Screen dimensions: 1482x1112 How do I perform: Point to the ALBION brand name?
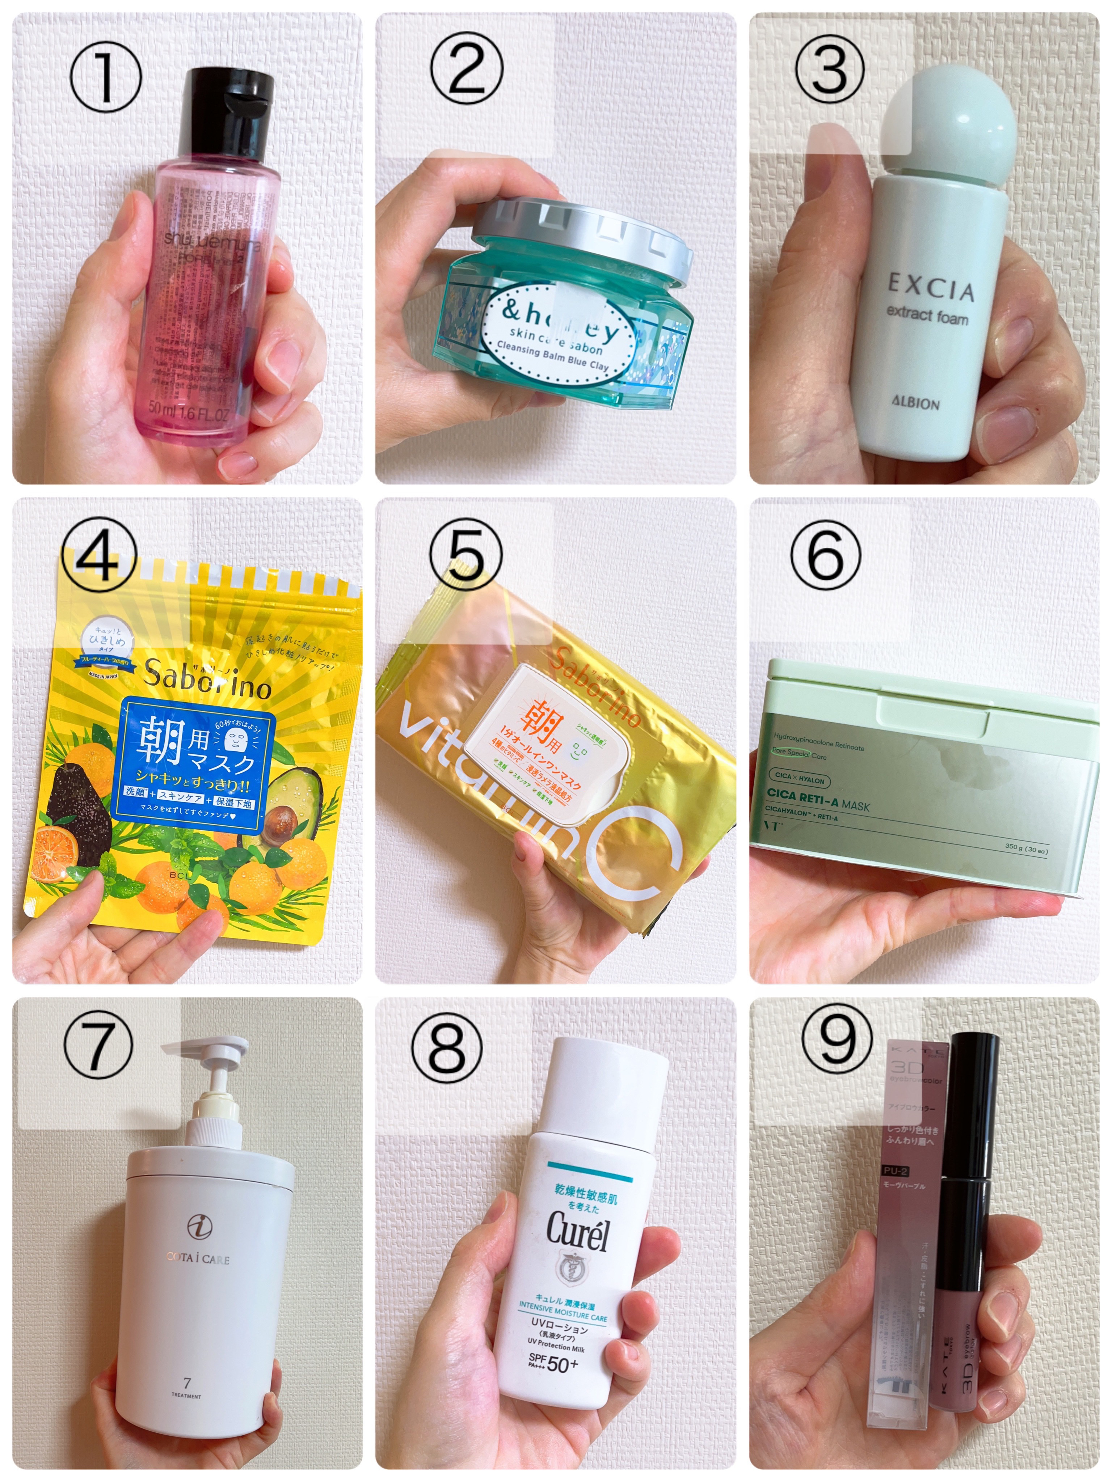point(915,403)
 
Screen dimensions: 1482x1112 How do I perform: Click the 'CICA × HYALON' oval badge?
point(800,779)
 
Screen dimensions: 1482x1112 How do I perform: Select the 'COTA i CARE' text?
point(198,1259)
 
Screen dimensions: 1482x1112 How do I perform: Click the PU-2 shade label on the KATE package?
point(895,1170)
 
